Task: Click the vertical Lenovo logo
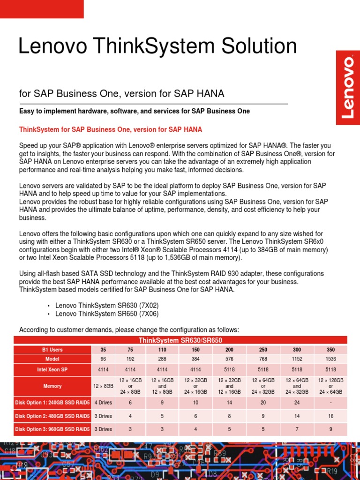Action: tap(348, 88)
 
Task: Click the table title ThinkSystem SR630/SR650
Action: tap(180, 340)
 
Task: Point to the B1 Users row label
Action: tap(52, 350)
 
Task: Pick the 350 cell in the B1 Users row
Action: tap(330, 350)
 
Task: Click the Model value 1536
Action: tap(330, 359)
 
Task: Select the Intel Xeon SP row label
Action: tap(52, 370)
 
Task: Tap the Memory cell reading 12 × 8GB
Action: tap(103, 386)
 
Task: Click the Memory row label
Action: tap(52, 386)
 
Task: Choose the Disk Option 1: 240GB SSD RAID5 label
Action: tap(52, 403)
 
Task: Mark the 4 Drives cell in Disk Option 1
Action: tap(103, 403)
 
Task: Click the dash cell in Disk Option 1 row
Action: tap(330, 403)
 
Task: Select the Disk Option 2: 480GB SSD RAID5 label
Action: tap(52, 416)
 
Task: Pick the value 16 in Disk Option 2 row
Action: tap(330, 416)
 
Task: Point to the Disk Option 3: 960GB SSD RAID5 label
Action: tap(52, 429)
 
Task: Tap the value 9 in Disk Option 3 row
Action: tap(330, 429)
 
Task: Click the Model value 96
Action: tap(103, 359)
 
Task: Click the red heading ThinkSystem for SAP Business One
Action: tap(111, 129)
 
